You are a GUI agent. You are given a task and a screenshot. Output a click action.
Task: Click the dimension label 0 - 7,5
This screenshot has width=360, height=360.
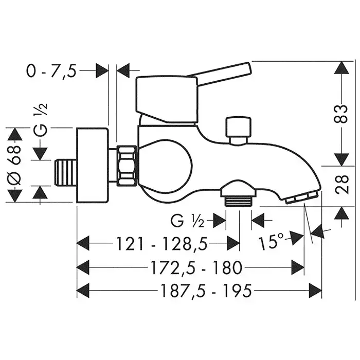pos(51,71)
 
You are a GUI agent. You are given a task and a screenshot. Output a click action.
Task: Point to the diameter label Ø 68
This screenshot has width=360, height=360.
pos(15,166)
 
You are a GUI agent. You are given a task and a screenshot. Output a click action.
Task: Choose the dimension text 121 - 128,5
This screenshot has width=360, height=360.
pos(162,244)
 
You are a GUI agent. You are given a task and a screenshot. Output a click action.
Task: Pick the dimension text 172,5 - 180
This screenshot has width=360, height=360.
pos(196,268)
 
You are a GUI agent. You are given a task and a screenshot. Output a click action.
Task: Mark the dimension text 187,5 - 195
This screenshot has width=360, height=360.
pos(206,291)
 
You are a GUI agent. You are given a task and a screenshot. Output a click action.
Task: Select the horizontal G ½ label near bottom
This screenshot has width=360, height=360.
pos(187,221)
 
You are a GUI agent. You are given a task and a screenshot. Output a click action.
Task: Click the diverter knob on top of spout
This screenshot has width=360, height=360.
pos(238,131)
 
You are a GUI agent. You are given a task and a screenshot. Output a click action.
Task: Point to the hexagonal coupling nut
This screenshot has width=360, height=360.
pos(127,165)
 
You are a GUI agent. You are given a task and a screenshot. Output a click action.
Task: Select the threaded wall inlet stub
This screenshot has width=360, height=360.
pos(66,172)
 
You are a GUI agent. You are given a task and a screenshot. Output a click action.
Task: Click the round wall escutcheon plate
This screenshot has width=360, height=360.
pos(92,165)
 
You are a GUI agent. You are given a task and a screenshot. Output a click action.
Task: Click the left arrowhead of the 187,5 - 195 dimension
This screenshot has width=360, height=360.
pos(83,291)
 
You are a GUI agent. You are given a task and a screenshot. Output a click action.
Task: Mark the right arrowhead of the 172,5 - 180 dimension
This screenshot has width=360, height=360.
pos(298,267)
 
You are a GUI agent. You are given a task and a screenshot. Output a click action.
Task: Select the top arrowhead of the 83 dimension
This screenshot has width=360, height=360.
pos(342,67)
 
